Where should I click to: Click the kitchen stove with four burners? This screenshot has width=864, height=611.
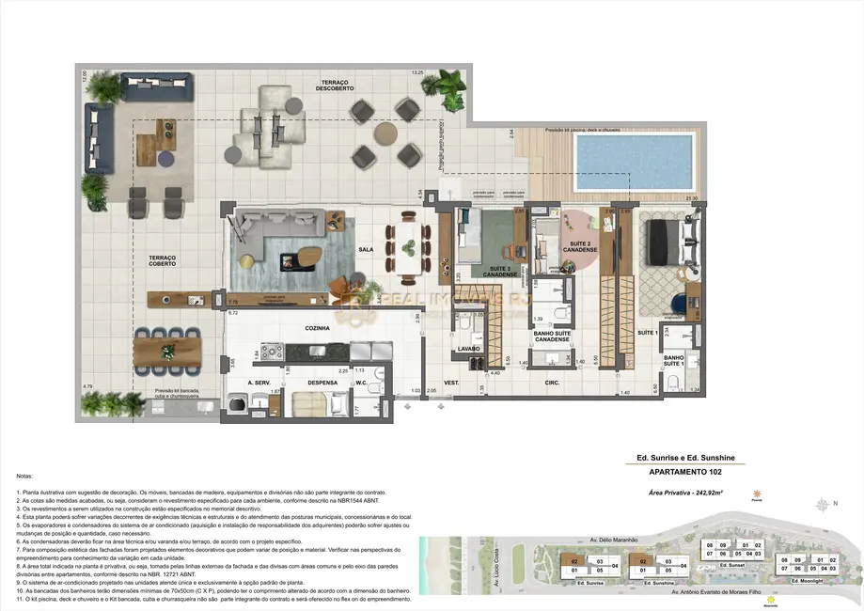coord(272,352)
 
